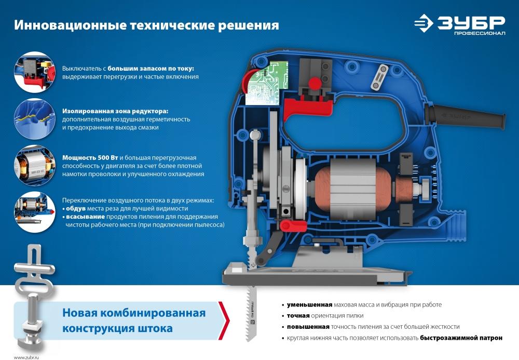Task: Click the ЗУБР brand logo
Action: coord(460,24)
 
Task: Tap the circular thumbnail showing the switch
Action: coord(35,72)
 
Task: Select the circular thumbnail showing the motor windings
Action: coord(35,165)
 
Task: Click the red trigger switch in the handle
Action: coord(307,106)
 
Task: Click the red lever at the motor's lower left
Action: coord(293,226)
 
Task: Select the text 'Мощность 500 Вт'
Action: coord(90,157)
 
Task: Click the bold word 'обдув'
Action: coord(76,209)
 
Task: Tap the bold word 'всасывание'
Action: coord(86,217)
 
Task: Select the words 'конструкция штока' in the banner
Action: coord(117,328)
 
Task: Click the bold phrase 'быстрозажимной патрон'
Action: coord(461,338)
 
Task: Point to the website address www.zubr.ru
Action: coord(26,357)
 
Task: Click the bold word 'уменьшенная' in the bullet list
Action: coord(309,305)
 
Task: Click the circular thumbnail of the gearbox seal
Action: coord(35,119)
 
